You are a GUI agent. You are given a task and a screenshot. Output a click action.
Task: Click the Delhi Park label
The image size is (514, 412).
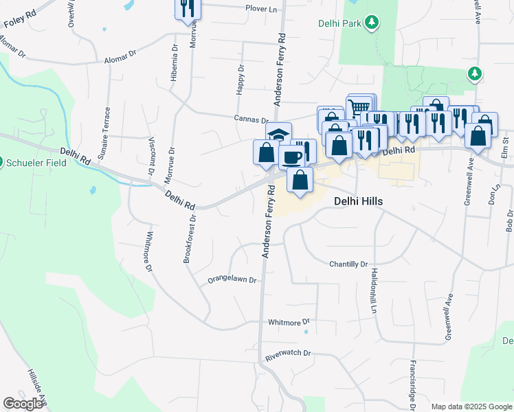[x=339, y=23]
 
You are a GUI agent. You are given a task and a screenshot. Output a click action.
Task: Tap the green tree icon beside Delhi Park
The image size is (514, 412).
[x=372, y=23]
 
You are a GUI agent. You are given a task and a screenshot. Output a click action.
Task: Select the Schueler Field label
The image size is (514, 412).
[x=34, y=163]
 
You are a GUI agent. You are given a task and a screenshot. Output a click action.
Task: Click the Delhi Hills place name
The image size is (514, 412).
[x=358, y=201]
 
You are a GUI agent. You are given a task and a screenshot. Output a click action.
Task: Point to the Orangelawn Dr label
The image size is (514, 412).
[x=232, y=280]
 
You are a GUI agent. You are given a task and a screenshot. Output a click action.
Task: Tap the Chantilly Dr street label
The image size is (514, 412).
[x=348, y=264]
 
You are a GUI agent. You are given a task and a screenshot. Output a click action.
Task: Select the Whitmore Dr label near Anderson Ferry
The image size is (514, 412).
[x=289, y=321]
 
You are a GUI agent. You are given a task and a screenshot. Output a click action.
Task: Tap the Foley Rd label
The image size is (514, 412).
[x=20, y=19]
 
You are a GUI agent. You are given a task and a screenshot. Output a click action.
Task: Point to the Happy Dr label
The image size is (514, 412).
[x=240, y=79]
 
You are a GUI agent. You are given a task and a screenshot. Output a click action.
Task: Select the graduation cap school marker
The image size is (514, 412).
[x=278, y=134]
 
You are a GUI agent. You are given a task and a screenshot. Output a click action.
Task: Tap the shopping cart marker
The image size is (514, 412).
[x=359, y=106]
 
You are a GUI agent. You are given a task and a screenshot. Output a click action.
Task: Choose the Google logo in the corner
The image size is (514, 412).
[x=23, y=404]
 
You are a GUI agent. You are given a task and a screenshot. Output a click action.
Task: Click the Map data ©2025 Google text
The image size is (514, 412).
[x=471, y=407]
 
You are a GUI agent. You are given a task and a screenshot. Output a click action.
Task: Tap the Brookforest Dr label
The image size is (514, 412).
[x=190, y=240]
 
